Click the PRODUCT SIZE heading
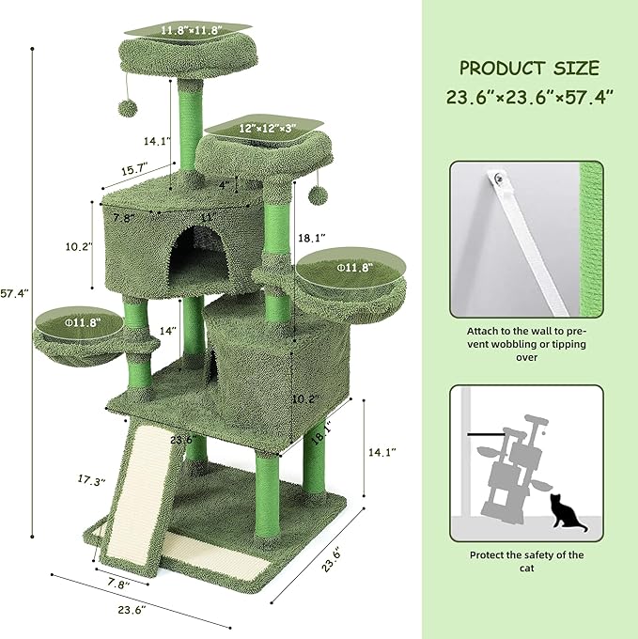click(529, 69)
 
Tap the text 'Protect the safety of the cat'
click(526, 562)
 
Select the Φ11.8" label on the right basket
click(355, 267)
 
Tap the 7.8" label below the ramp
click(116, 584)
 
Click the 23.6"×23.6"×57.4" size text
click(529, 95)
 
